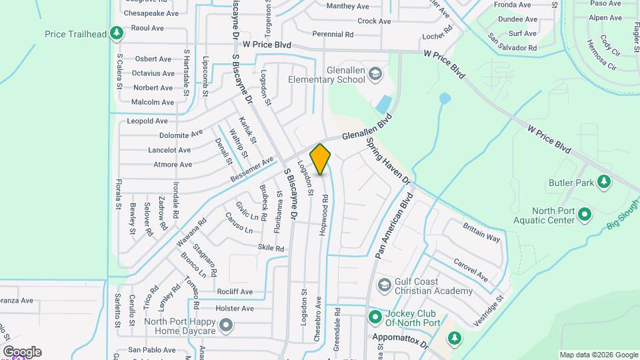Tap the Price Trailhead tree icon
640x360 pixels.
coord(117,33)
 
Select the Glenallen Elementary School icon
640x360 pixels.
coord(375,73)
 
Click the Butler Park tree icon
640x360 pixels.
coord(603,181)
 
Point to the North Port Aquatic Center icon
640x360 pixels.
coord(585,214)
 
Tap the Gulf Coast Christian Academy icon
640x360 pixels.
coord(384,285)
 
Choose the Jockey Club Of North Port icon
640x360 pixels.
coord(375,317)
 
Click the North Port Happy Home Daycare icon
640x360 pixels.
coord(227,325)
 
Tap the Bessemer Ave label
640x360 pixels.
coord(252,170)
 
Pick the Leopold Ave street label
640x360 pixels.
coord(147,121)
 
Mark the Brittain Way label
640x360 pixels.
coord(481,233)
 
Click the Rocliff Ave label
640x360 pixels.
coord(235,292)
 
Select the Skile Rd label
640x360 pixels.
coord(271,248)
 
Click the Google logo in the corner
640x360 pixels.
coord(22,351)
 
